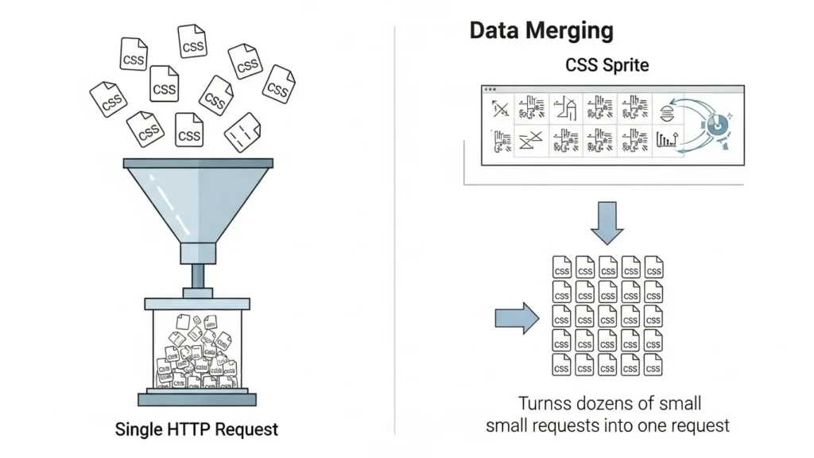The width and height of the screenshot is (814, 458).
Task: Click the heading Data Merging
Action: (541, 30)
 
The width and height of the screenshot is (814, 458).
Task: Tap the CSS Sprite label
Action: (607, 65)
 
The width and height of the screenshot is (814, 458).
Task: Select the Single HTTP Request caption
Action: (196, 430)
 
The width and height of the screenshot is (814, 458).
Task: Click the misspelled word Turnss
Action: (545, 403)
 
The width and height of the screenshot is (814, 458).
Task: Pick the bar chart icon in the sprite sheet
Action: (666, 141)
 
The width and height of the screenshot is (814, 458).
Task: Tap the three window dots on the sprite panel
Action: (490, 90)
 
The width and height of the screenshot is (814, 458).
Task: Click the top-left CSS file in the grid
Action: (562, 267)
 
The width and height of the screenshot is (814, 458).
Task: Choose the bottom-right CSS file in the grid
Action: (653, 364)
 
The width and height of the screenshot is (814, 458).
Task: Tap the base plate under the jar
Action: (196, 398)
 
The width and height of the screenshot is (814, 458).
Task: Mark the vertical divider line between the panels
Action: (395, 231)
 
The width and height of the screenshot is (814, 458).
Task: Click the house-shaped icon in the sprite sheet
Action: (564, 108)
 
